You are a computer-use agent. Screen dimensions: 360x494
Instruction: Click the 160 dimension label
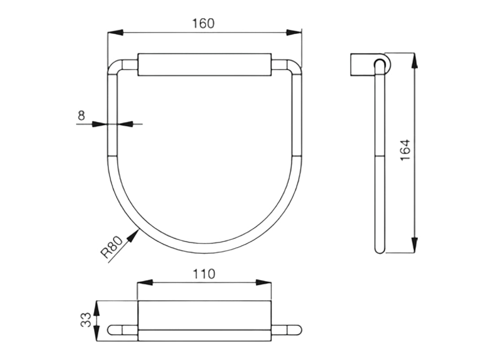203,24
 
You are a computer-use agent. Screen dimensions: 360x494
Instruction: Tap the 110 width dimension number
203,273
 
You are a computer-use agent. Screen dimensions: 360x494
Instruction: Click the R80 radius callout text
112,248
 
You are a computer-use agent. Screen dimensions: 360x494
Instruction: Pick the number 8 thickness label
81,115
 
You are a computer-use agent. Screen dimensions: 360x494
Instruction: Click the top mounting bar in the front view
204,65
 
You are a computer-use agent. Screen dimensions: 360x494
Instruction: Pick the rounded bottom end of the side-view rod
380,249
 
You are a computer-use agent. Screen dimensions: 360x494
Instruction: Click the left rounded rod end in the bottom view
112,330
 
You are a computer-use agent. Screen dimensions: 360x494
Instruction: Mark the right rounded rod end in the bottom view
297,330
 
